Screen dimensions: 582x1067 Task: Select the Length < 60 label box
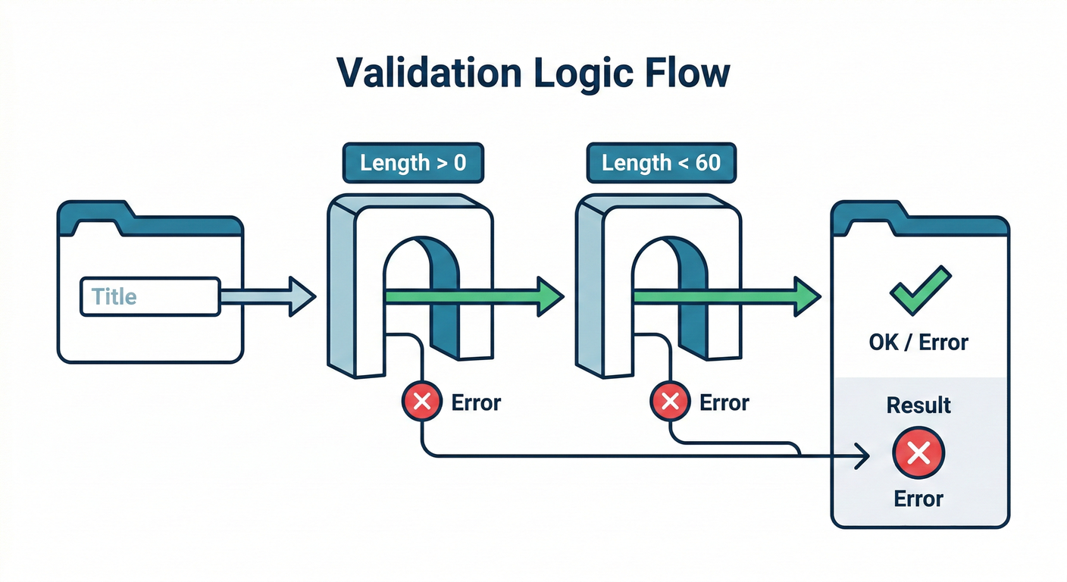click(661, 163)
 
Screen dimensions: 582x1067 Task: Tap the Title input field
click(149, 296)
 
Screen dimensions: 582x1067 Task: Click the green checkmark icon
click(918, 289)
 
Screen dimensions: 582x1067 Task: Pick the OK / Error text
click(918, 343)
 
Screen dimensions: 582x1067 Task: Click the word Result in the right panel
click(918, 405)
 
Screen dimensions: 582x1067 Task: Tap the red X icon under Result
click(918, 454)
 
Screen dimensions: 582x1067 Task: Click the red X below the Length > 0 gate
click(422, 402)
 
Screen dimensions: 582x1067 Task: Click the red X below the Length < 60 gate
click(670, 402)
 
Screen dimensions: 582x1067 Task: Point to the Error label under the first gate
click(476, 402)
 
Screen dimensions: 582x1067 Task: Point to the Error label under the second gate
click(724, 402)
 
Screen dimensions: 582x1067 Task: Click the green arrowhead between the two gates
click(549, 296)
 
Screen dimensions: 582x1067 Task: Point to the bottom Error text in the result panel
click(918, 499)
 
